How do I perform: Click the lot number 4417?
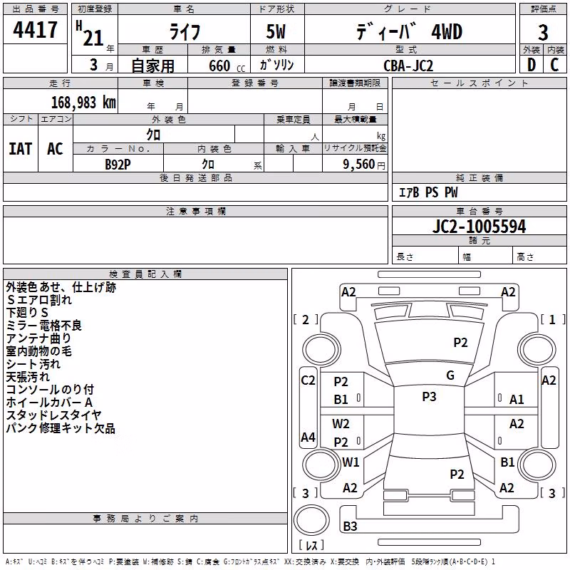click(x=35, y=30)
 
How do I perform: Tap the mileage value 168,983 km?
click(x=83, y=103)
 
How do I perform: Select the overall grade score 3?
click(x=543, y=32)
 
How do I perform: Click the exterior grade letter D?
click(x=532, y=65)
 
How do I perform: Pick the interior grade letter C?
click(x=554, y=65)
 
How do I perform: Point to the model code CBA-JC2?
click(x=408, y=66)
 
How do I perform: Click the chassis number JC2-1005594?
click(x=479, y=227)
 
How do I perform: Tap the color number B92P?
click(x=118, y=165)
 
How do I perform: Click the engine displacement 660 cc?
click(x=227, y=66)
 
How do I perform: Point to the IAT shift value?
click(x=21, y=149)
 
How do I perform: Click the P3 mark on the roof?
click(x=429, y=397)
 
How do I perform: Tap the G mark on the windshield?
click(x=450, y=375)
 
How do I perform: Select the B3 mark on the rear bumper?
click(x=350, y=526)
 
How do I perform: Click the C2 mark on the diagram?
click(x=308, y=380)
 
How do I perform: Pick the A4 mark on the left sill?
click(x=308, y=437)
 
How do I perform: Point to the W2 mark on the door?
click(x=341, y=424)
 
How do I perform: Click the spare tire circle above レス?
click(x=311, y=519)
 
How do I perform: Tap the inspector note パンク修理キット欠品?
click(x=61, y=428)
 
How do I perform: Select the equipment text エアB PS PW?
click(x=428, y=192)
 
